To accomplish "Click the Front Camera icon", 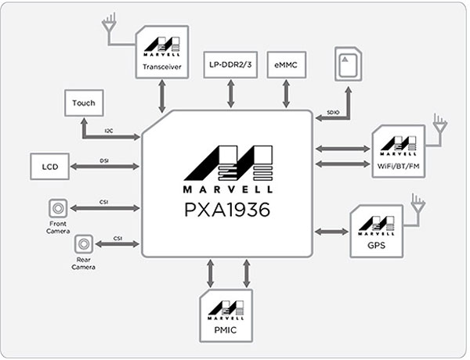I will (57, 207).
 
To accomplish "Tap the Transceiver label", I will (162, 68).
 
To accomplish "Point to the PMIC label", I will (226, 331).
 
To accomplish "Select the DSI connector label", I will (103, 160).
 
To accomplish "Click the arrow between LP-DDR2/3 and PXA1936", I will (230, 95).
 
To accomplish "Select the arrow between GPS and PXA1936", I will (330, 231).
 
